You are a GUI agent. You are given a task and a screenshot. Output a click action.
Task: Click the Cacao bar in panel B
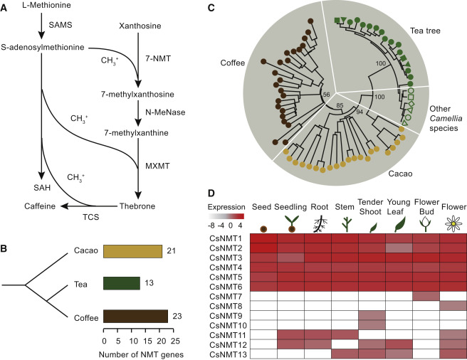133,251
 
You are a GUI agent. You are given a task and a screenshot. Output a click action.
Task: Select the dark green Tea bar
122,283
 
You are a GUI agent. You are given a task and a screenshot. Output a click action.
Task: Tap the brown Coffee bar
135,316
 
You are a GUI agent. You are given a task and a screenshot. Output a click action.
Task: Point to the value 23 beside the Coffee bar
177,316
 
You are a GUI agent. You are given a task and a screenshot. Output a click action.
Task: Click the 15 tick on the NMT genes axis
147,341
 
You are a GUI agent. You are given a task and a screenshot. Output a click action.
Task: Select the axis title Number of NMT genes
141,354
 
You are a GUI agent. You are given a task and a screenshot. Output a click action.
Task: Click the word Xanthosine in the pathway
140,26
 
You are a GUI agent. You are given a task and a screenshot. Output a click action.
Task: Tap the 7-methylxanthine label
136,132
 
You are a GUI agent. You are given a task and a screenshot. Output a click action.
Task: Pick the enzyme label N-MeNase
165,112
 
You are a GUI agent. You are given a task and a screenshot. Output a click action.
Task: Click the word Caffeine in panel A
40,206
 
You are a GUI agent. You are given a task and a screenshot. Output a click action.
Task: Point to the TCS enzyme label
91,217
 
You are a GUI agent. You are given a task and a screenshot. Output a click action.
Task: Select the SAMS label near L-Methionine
61,25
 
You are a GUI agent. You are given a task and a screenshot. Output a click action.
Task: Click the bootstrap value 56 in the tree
327,95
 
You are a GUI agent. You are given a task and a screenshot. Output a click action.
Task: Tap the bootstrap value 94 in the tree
360,112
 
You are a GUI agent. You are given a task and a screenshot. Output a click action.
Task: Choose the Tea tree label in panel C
425,31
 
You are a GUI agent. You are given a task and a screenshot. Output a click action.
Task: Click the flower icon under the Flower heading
453,224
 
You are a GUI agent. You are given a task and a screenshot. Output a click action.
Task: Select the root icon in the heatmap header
320,225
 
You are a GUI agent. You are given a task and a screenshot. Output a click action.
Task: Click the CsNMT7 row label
228,297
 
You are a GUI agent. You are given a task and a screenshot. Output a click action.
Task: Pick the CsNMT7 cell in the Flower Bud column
426,296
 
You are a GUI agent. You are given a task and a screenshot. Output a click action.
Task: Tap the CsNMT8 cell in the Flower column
453,306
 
